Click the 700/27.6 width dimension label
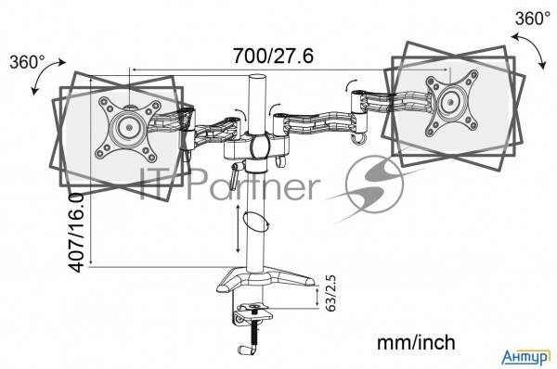pos(273,56)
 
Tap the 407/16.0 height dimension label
pos(76,233)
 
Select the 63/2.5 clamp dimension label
pos(330,293)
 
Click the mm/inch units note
pos(416,343)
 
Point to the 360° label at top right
pos(533,19)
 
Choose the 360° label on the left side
pos(27,62)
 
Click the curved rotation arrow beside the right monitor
pos(531,49)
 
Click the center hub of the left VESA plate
pos(129,127)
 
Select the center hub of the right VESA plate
pos(450,102)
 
